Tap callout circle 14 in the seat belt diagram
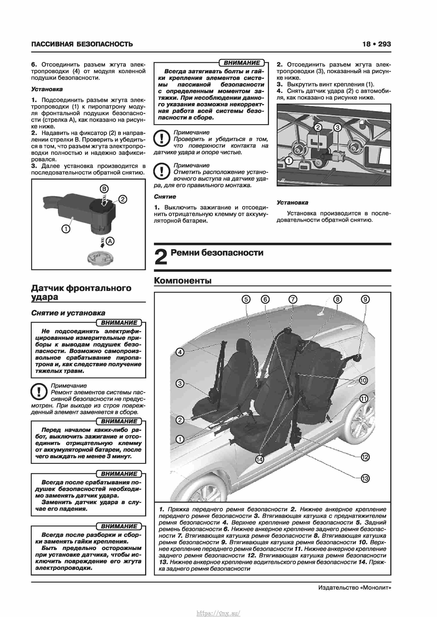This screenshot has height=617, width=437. [259, 459]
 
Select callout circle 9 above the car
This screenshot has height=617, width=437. [365, 299]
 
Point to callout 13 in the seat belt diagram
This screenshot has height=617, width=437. [365, 478]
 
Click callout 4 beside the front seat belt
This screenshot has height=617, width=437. [180, 352]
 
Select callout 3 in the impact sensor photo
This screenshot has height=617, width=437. [337, 127]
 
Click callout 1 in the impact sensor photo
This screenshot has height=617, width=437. [289, 161]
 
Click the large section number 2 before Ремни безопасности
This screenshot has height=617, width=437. [161, 257]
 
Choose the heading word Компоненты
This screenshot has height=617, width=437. [183, 280]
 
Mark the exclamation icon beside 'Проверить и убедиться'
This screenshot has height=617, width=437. [161, 139]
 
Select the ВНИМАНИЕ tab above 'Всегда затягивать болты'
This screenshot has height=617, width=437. [242, 63]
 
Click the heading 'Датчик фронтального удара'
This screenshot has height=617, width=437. [81, 292]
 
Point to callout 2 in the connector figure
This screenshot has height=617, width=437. [123, 199]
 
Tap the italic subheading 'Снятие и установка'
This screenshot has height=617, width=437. [68, 313]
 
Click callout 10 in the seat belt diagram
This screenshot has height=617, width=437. [363, 380]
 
